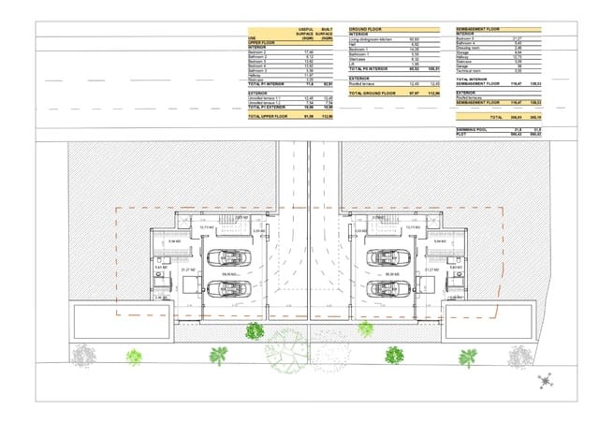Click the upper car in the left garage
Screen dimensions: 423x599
pos(227,257)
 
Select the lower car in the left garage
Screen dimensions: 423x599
pos(227,285)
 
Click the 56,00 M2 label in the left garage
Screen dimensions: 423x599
pos(227,273)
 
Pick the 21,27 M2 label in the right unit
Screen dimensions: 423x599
pos(431,270)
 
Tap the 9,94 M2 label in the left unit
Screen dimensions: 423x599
pos(173,241)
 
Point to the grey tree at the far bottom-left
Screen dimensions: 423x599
pos(83,356)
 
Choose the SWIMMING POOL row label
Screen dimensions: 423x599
pos(473,130)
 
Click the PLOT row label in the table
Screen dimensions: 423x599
pos(460,135)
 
